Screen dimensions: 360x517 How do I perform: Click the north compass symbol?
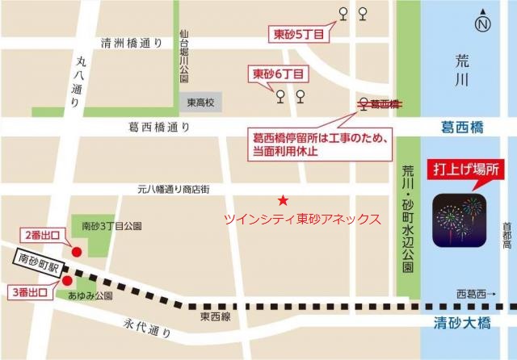pyautogui.click(x=483, y=25)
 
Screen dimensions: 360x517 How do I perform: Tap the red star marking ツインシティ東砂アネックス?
pyautogui.click(x=282, y=200)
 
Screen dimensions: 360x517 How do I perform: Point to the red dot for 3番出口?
pyautogui.click(x=68, y=281)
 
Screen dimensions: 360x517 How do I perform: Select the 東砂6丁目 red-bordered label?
pyautogui.click(x=279, y=73)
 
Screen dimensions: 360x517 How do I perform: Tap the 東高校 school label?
pyautogui.click(x=199, y=103)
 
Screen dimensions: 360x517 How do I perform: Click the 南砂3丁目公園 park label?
pyautogui.click(x=112, y=227)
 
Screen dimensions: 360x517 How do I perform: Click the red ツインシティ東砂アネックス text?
pyautogui.click(x=302, y=219)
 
